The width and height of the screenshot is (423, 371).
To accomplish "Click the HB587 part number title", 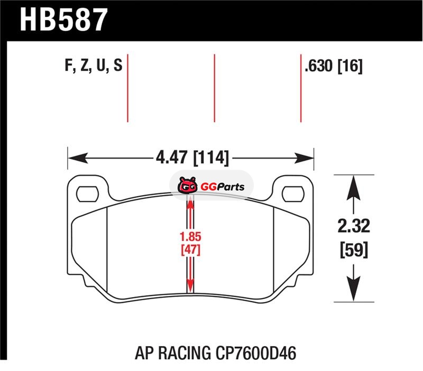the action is tap(63, 20).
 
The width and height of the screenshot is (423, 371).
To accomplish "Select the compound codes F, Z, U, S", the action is tap(94, 65).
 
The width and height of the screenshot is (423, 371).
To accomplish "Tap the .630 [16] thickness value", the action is tap(334, 66).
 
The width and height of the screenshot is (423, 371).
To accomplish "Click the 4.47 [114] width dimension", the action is tap(192, 157).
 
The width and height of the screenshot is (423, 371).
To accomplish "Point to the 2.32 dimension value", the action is tap(354, 226).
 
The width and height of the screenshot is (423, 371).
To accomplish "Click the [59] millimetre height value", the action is tap(354, 250).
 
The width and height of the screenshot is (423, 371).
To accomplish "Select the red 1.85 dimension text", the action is tap(190, 236).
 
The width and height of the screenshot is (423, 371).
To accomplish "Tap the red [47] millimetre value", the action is tap(190, 249).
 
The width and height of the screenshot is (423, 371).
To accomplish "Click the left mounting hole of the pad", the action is tap(87, 193).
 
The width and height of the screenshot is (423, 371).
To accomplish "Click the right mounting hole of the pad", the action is tap(293, 193).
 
